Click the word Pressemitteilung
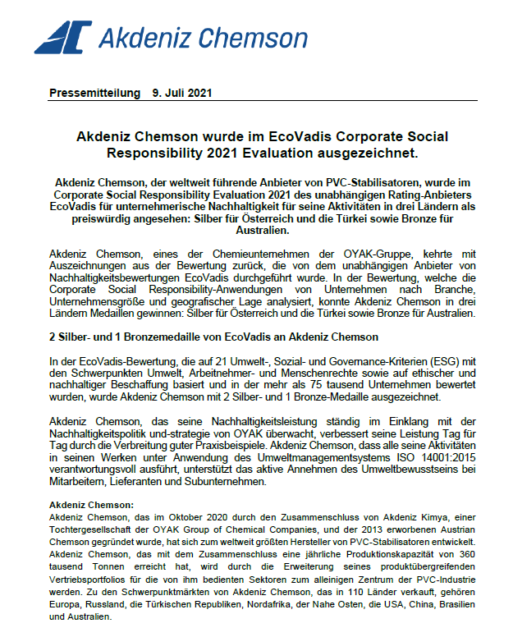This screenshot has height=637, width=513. point(94,94)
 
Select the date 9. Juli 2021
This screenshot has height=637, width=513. point(182,94)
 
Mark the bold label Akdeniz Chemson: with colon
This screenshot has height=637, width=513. point(92,505)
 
